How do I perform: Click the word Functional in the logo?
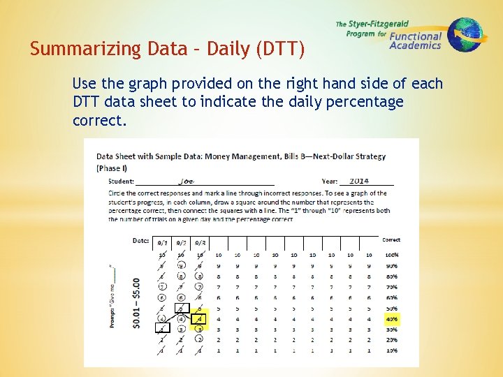416,36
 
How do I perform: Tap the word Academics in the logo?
415,46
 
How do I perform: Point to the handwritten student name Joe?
186,181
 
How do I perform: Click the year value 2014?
359,181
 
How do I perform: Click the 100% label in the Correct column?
391,255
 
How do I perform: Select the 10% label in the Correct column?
391,350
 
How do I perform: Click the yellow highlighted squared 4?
200,318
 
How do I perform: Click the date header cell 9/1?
162,242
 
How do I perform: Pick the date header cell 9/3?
200,242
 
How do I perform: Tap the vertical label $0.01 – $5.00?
136,303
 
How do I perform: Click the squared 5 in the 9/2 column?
181,307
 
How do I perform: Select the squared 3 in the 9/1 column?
162,328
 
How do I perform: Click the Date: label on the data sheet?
140,240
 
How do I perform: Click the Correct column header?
391,240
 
